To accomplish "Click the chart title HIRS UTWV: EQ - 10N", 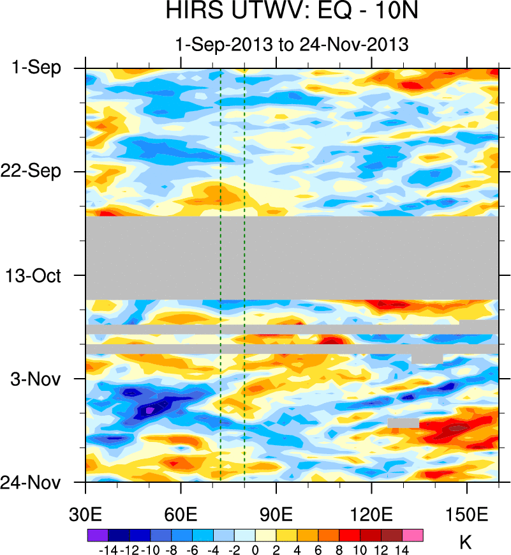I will point(292,12).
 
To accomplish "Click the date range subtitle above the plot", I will point(292,45).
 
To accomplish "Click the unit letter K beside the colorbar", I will point(465,543).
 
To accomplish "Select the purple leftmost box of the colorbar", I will point(98,535).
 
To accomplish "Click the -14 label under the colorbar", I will point(108,549).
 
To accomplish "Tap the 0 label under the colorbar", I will point(255,549).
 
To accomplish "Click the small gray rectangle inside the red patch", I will point(403,423).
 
